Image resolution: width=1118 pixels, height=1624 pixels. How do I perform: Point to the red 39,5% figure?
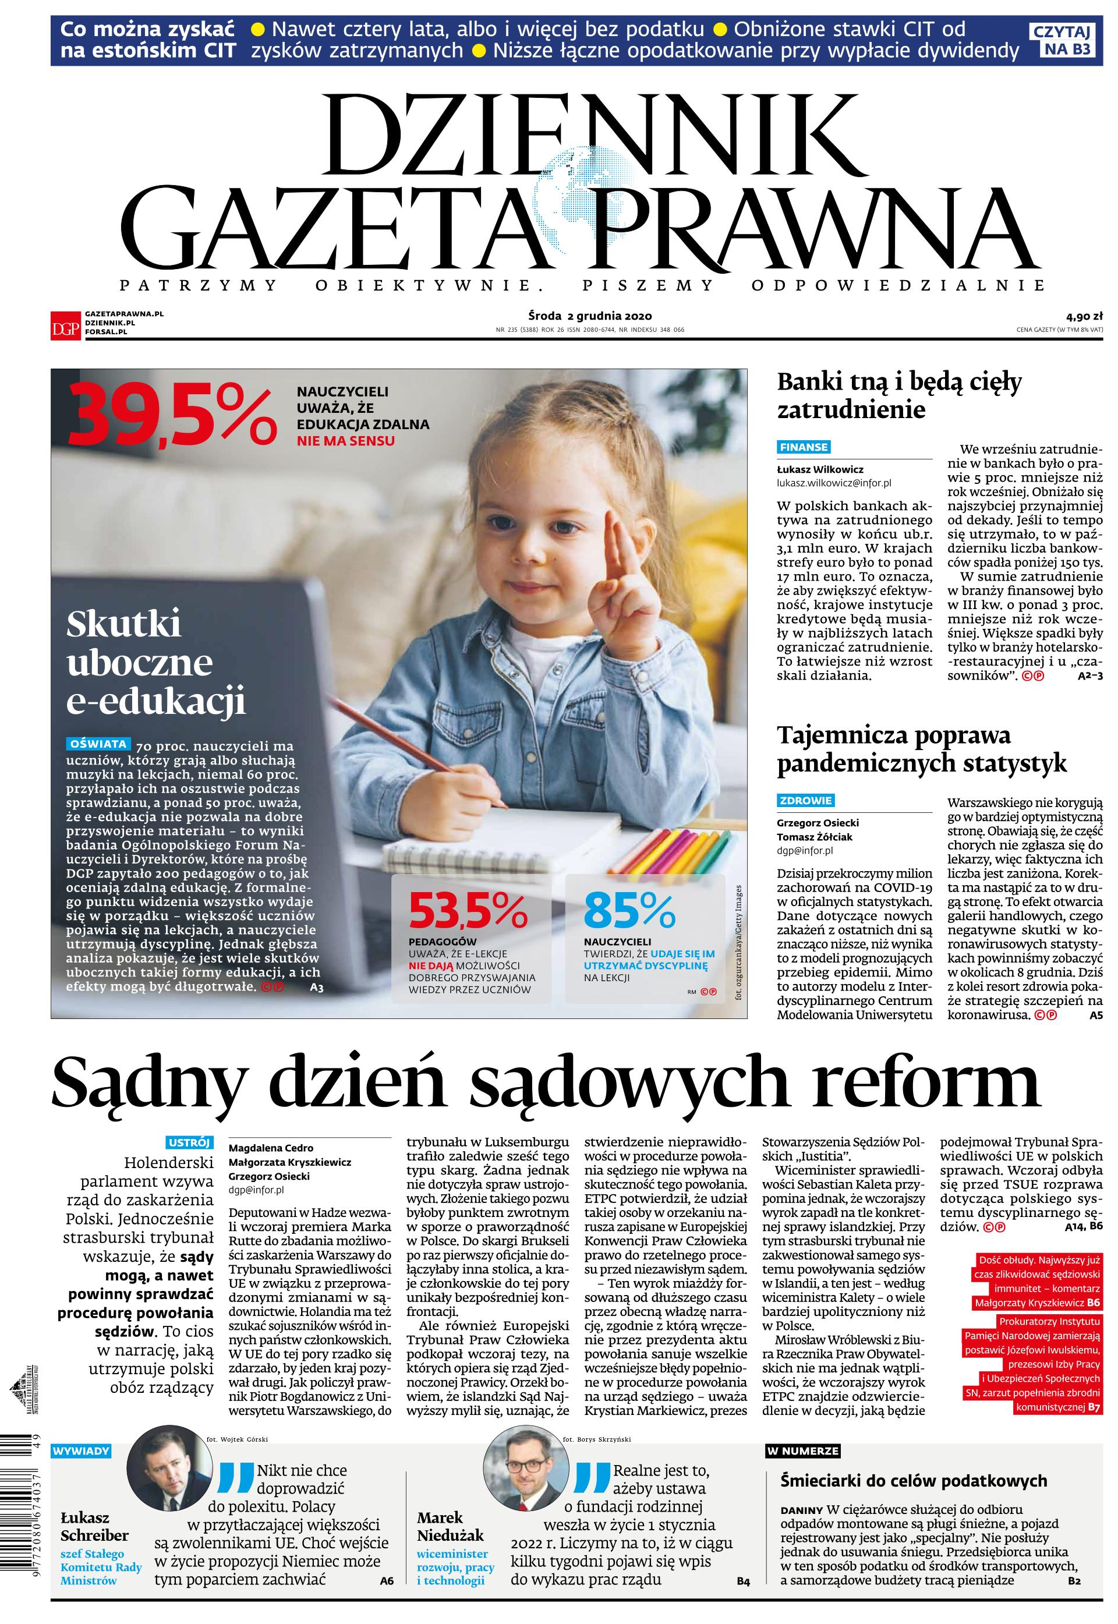[x=172, y=416]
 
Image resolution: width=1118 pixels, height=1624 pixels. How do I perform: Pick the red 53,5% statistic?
[x=468, y=910]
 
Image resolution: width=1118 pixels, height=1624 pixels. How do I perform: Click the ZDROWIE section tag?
[x=805, y=801]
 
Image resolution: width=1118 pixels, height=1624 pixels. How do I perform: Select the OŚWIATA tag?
[x=98, y=744]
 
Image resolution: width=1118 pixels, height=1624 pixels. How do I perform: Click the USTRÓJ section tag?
[x=189, y=1143]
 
